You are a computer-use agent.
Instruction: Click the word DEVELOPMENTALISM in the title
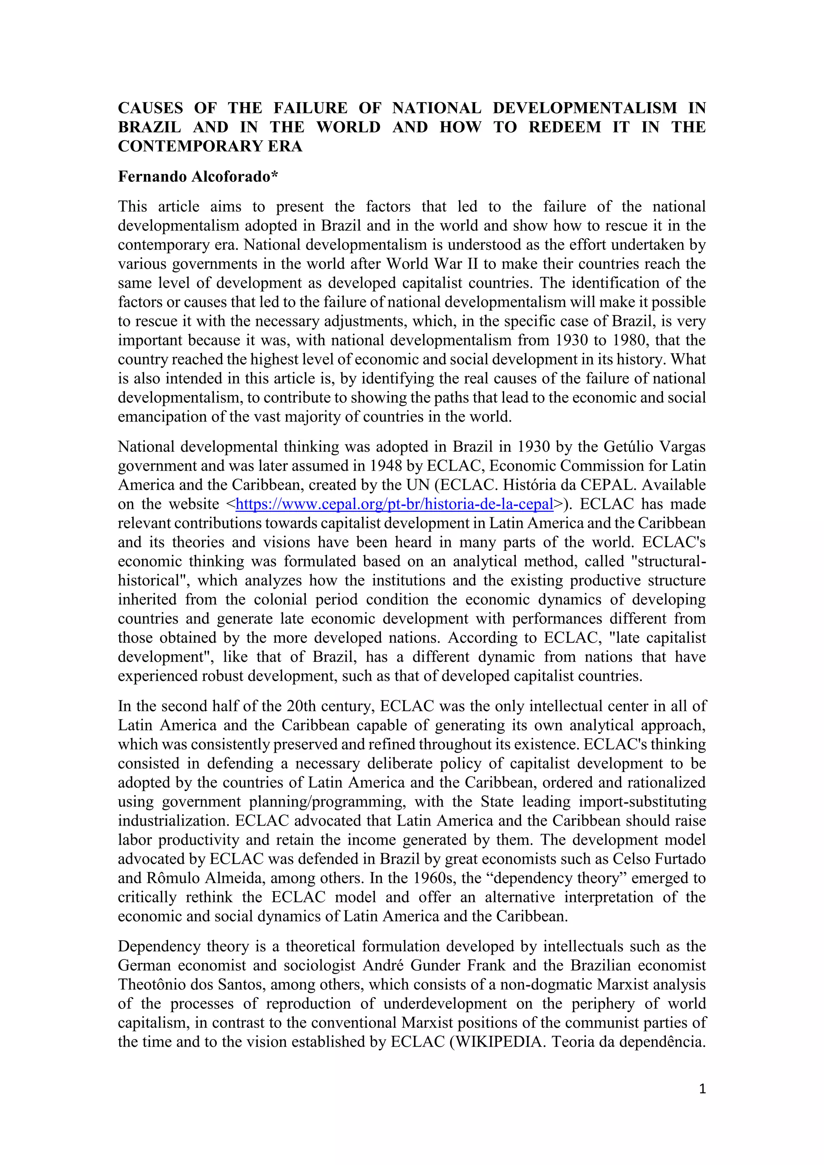click(x=585, y=108)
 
